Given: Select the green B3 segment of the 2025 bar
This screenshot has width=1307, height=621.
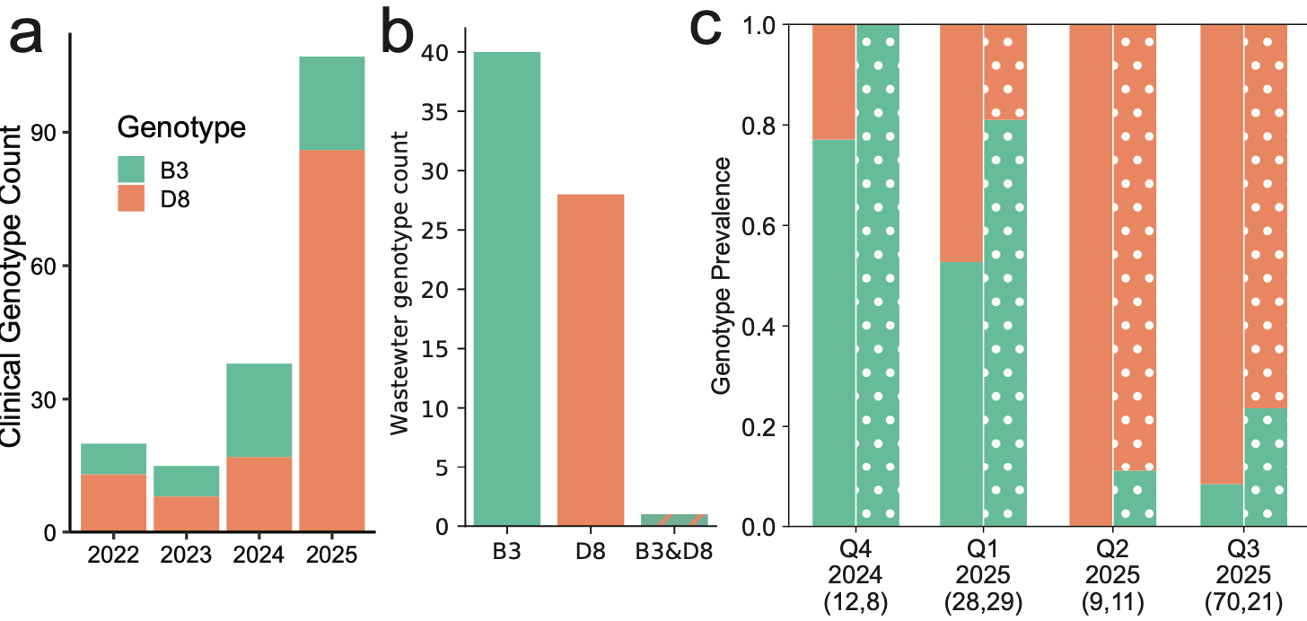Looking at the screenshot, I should pos(332,103).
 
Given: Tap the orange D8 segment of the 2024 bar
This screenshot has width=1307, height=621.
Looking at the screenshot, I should pos(259,493).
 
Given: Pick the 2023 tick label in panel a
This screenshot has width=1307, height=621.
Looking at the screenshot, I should pos(186,555).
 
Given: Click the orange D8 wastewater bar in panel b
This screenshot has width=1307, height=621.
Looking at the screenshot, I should pos(591,359).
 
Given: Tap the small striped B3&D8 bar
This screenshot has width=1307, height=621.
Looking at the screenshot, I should pos(674,520).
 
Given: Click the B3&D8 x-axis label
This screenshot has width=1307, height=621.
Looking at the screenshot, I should pos(674,551).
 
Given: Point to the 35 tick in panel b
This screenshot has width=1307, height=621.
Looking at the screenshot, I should pos(442,112).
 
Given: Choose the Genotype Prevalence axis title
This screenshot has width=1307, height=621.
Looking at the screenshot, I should pos(721,276).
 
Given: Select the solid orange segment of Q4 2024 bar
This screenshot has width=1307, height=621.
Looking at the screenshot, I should pos(834,82).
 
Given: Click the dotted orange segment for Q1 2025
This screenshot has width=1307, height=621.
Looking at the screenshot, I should pos(1005,72).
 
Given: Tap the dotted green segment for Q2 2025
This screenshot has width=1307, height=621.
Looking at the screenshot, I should pos(1135,497).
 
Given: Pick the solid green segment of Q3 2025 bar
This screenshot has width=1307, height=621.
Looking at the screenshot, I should pos(1222,504).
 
